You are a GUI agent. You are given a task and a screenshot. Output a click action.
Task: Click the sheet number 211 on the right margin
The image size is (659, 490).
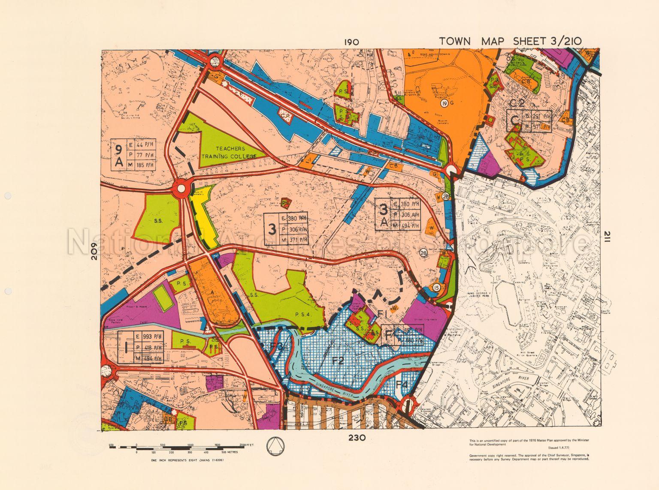(x=607, y=238)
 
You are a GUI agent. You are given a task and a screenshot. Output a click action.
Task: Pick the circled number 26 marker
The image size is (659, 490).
(x=446, y=197)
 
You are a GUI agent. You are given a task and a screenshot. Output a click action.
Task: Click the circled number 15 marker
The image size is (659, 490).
(x=437, y=287)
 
